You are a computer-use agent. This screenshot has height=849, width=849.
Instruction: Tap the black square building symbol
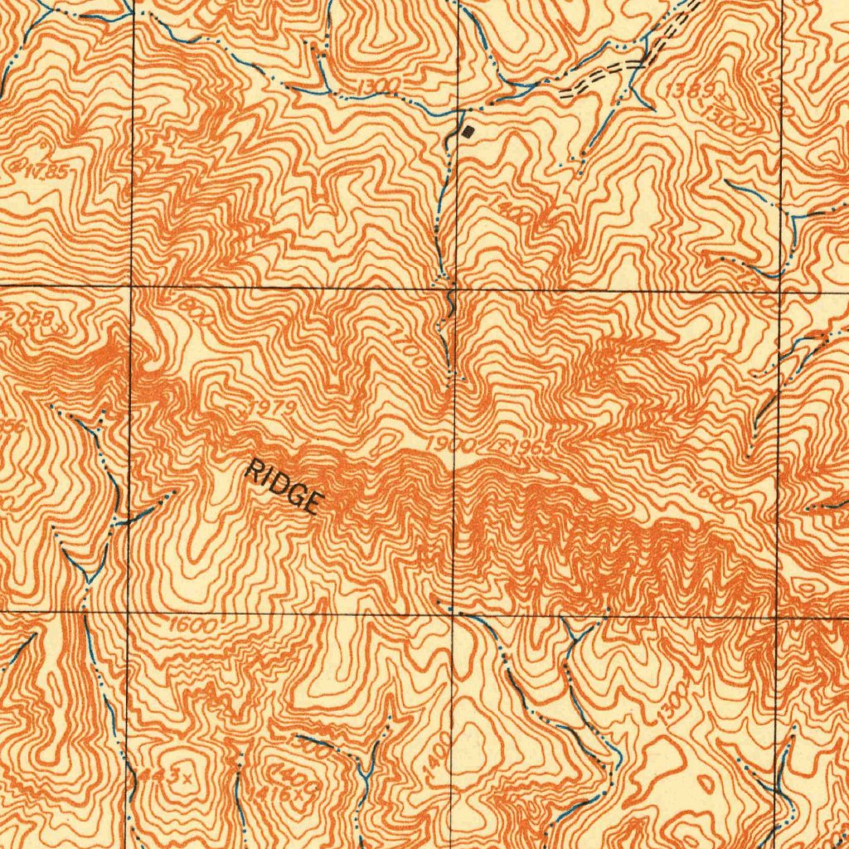pos(468,131)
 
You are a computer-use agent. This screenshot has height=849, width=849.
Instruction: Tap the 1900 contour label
pos(453,445)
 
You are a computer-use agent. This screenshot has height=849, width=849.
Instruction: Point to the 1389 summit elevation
pos(686,92)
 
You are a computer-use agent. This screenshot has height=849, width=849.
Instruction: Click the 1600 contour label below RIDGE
pos(192,625)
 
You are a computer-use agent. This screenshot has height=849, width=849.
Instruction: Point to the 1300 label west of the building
pos(381,87)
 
